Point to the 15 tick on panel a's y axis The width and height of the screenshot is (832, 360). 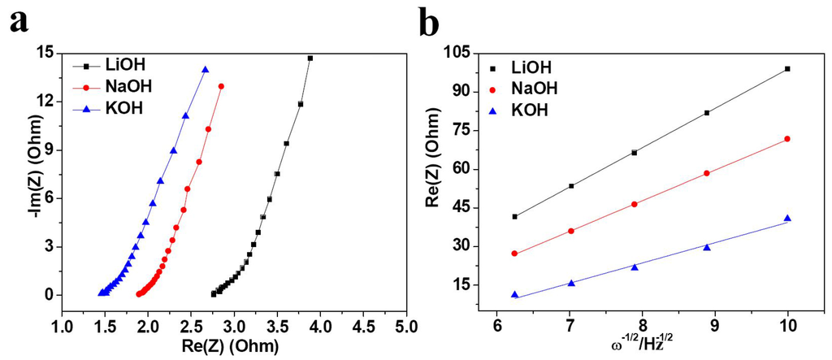pyautogui.click(x=45, y=53)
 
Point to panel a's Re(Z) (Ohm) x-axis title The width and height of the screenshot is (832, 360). pyautogui.click(x=232, y=346)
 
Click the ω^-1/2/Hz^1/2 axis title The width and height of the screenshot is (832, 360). pyautogui.click(x=642, y=346)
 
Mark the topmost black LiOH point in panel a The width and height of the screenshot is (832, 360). pyautogui.click(x=310, y=59)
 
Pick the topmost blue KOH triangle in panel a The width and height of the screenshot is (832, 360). pyautogui.click(x=206, y=70)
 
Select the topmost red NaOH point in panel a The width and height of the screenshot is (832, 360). pyautogui.click(x=221, y=86)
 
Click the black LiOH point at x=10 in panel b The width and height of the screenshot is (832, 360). pyautogui.click(x=787, y=69)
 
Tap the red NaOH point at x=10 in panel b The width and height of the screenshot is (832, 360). pyautogui.click(x=787, y=139)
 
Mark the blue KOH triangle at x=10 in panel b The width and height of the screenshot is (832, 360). pyautogui.click(x=787, y=218)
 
